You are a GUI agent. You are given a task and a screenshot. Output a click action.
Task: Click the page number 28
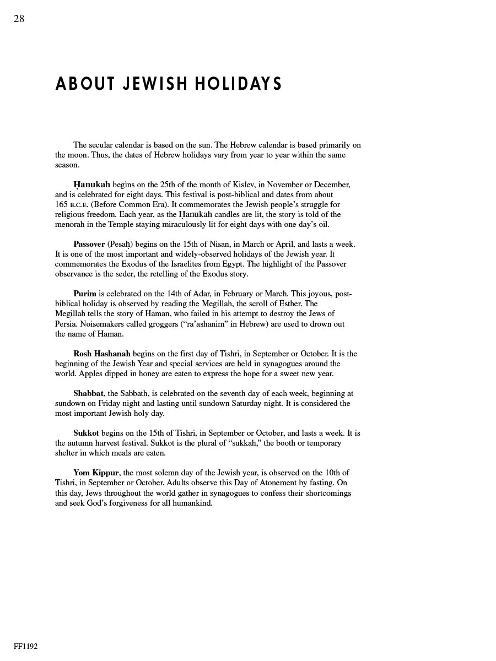pos(19,19)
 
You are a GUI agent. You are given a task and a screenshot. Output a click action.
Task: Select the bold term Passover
pos(89,244)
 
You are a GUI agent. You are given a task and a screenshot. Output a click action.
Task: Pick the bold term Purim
pos(85,294)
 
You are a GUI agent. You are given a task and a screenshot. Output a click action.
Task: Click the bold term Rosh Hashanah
pos(102,354)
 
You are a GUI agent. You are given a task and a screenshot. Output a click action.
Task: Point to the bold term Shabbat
pos(88,393)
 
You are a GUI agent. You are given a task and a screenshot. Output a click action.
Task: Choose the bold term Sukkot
pos(86,433)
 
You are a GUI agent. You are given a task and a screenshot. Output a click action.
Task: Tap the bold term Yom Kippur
pos(96,473)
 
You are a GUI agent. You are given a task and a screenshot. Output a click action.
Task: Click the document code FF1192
pos(26,646)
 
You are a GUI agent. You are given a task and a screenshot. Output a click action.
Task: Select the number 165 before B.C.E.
pos(61,204)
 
